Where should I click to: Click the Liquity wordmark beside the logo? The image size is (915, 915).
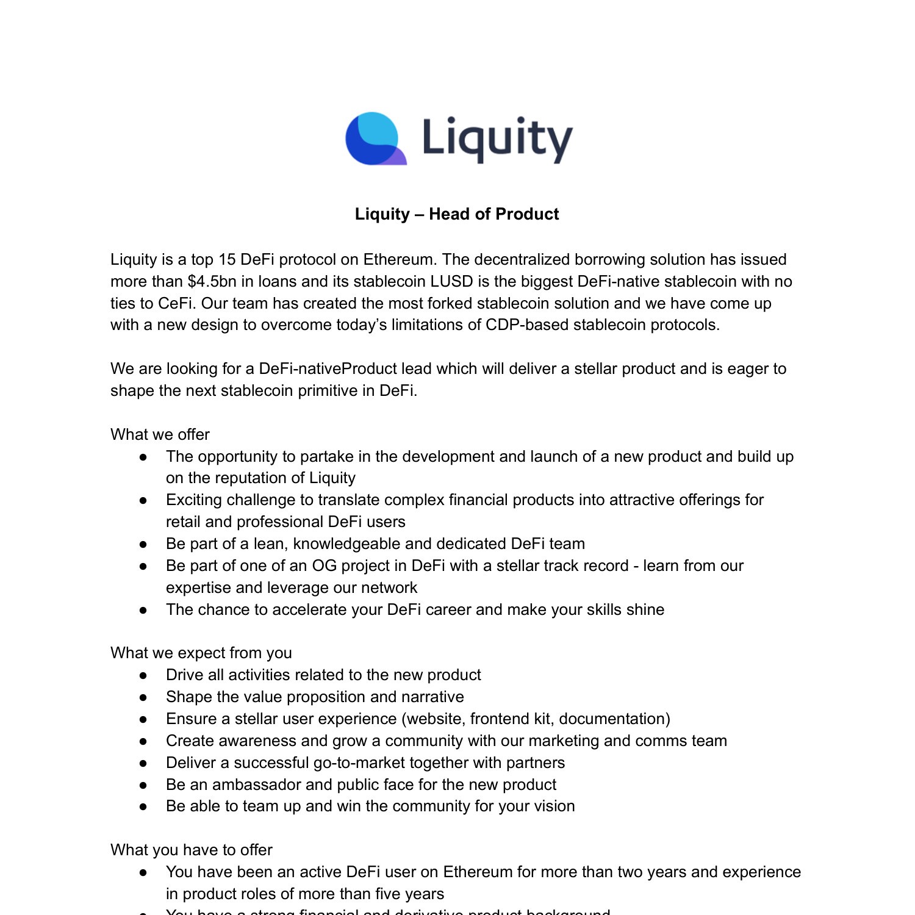tap(497, 140)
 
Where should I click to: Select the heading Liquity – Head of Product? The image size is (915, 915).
tap(457, 214)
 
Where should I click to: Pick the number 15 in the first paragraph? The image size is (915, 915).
tap(227, 259)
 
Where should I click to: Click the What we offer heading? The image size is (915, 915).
tap(160, 434)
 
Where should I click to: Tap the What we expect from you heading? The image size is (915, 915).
tap(201, 653)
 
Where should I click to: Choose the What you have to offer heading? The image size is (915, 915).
tap(191, 850)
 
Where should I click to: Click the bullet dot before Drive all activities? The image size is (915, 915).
tap(143, 675)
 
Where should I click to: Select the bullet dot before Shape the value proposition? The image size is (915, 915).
tap(143, 697)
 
